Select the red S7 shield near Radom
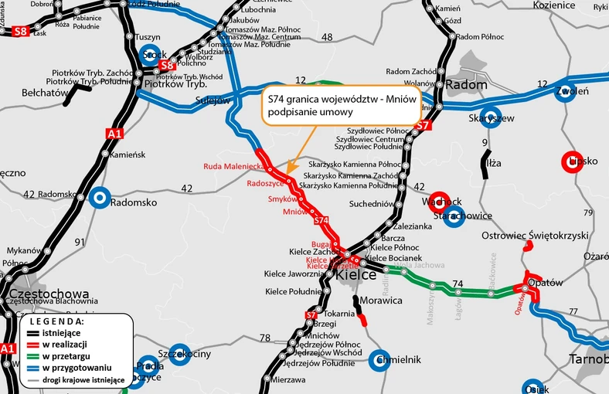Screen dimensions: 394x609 pyautogui.click(x=422, y=125)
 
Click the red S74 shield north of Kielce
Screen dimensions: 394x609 pyautogui.click(x=322, y=221)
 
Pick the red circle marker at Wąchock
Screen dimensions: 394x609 pyautogui.click(x=439, y=201)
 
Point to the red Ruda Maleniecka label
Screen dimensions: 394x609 pyautogui.click(x=234, y=166)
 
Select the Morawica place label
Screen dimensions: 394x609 pyautogui.click(x=380, y=300)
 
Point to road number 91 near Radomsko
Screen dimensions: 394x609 pyautogui.click(x=79, y=242)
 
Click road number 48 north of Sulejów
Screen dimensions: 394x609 pyautogui.click(x=327, y=37)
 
